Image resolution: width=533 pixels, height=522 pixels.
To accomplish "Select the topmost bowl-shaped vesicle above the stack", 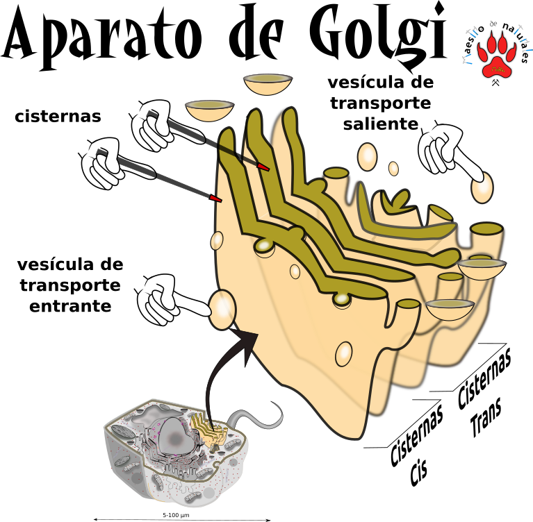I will tap(267, 84).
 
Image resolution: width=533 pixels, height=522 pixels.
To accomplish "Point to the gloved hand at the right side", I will tap(442, 149).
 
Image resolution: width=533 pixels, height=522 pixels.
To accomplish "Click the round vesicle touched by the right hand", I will tap(482, 188).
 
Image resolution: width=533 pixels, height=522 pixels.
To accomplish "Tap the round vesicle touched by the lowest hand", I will tap(223, 310).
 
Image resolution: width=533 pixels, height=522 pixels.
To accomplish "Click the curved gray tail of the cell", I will tap(268, 419).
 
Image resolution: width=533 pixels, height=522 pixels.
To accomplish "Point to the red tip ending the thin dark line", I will tap(263, 167).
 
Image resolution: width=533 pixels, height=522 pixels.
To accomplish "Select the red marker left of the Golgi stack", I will tap(215, 199).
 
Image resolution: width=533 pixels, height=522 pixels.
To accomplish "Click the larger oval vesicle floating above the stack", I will tap(367, 157).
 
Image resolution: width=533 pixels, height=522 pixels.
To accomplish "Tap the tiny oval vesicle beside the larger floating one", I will tap(393, 169).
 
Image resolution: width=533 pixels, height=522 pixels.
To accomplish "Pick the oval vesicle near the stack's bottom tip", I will tap(343, 354).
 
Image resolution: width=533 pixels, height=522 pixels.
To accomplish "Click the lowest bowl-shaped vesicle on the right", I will tap(449, 309).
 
